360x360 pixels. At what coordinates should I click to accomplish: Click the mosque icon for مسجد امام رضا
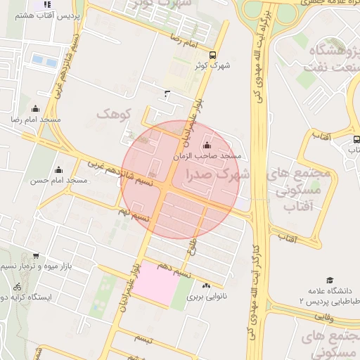35,108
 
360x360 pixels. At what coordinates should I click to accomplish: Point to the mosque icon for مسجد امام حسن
58,169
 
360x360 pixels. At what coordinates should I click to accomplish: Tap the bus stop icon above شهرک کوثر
213,56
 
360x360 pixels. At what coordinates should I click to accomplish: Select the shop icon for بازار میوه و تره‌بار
36,256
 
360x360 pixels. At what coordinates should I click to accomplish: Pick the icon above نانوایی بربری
206,285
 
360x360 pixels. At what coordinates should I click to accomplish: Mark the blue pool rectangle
44,60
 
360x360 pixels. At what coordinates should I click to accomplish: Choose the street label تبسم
143,339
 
